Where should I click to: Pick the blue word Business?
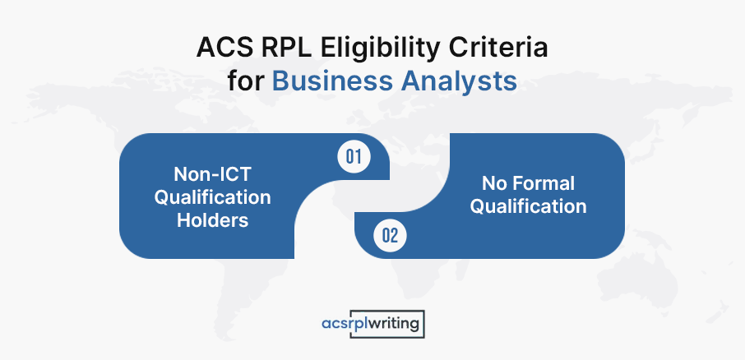click(332, 81)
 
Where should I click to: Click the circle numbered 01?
click(354, 157)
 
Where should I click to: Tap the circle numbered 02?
click(390, 235)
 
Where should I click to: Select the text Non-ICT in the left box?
click(212, 174)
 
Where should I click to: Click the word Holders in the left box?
click(213, 220)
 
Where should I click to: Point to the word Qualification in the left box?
click(212, 197)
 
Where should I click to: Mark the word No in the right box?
click(494, 183)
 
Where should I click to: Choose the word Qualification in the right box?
click(529, 206)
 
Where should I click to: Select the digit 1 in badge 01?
click(359, 157)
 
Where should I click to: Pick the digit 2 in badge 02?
click(394, 236)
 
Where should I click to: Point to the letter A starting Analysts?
click(410, 81)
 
